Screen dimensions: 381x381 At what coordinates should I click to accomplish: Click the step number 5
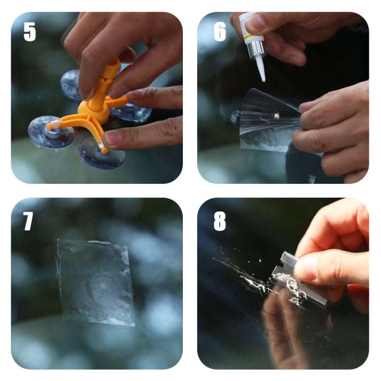[x=29, y=31]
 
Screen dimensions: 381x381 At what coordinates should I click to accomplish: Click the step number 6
[x=219, y=31]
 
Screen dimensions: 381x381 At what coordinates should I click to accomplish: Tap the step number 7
[x=28, y=221]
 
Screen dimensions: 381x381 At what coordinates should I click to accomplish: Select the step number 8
[x=219, y=221]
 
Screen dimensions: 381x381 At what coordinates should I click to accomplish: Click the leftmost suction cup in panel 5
[x=51, y=133]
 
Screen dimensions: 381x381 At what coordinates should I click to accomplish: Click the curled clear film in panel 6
[x=267, y=122]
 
